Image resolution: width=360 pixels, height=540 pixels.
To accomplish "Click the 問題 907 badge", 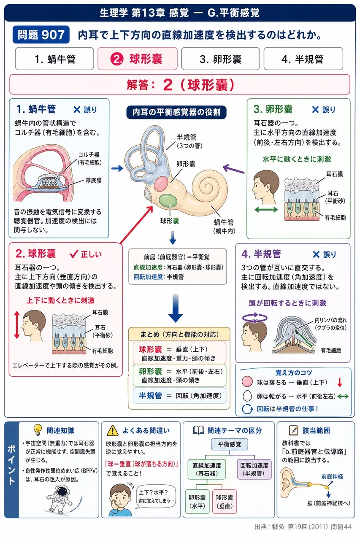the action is [x=41, y=35].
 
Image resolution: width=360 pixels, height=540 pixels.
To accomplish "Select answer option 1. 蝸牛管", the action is [x=54, y=59].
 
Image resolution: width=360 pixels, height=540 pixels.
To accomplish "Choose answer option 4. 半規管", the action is [x=303, y=59].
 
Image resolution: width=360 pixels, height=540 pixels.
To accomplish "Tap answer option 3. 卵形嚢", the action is [x=220, y=59].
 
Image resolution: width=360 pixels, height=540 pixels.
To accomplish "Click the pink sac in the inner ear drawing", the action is [x=161, y=184].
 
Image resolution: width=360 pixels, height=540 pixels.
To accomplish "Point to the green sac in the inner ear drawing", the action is [x=168, y=200].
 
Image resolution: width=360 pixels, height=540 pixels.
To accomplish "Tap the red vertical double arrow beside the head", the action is [x=16, y=325].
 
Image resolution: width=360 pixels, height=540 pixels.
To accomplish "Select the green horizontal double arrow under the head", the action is [x=266, y=210].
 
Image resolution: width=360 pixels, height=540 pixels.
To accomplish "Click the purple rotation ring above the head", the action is [x=254, y=318].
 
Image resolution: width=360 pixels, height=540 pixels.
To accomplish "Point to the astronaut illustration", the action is [x=60, y=499].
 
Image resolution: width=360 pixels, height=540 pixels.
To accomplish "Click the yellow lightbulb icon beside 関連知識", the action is [x=38, y=430].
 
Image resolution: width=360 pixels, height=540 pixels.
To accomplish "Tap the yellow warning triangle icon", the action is [x=112, y=430].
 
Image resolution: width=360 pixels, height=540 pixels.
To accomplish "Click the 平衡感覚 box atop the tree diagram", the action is [x=230, y=444].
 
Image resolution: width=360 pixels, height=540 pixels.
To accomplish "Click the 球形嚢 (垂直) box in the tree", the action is [x=225, y=501].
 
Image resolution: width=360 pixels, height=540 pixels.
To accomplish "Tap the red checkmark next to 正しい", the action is [x=74, y=254].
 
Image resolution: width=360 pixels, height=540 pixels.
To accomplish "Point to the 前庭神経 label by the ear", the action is [x=332, y=476].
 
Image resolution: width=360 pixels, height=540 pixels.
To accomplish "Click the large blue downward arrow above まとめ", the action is [x=175, y=308].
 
